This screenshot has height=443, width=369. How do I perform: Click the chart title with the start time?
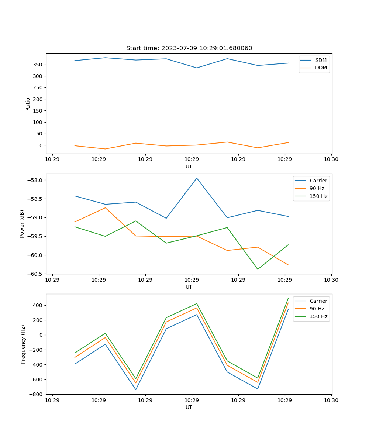click(x=189, y=48)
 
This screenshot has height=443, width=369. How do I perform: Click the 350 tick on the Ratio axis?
click(x=39, y=65)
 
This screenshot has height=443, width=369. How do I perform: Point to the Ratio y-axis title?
click(x=28, y=104)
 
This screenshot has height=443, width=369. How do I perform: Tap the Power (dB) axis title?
click(x=22, y=224)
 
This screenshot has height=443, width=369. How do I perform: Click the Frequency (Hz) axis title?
click(x=23, y=344)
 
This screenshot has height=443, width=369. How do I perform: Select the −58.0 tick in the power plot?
click(x=36, y=180)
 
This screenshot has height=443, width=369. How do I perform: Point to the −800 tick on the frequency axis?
click(x=37, y=394)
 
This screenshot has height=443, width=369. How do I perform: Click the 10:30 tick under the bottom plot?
click(x=331, y=400)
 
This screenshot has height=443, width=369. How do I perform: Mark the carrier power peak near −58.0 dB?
click(x=197, y=178)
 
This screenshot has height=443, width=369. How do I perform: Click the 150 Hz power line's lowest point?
click(x=258, y=269)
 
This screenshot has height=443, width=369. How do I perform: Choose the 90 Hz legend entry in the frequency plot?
click(x=317, y=309)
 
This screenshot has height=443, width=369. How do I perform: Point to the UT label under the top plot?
click(x=189, y=166)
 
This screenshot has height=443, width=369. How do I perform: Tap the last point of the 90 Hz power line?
click(x=288, y=265)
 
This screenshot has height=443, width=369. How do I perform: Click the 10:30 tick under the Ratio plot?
click(x=331, y=159)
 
